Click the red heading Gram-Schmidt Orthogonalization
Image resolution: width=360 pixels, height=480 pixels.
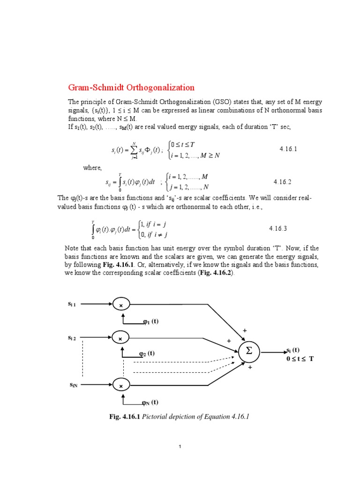[131, 88]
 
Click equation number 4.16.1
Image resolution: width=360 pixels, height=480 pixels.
[288, 149]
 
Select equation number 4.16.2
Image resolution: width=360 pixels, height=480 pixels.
[283, 181]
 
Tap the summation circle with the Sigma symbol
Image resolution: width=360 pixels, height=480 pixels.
[249, 351]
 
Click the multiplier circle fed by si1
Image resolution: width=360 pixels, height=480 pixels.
[121, 305]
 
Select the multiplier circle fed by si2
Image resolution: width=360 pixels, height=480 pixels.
[121, 338]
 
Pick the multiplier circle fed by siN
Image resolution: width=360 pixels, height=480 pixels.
[121, 385]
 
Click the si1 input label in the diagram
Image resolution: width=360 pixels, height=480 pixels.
[75, 304]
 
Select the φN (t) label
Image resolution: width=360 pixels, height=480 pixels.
[150, 402]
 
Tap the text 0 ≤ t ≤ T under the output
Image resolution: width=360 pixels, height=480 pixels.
[300, 359]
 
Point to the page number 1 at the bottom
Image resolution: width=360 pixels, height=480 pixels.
[180, 447]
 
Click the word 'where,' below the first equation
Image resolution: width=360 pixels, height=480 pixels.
[92, 168]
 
